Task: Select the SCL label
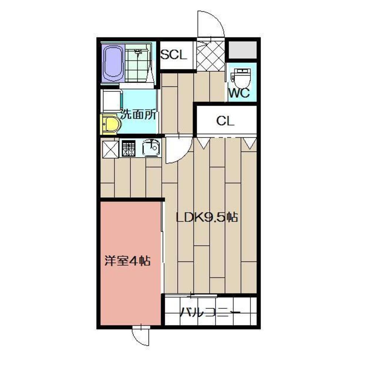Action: [174, 55]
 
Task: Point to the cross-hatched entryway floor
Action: [211, 55]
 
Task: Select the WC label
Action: [239, 93]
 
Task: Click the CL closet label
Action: [225, 121]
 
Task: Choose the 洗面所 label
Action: [139, 115]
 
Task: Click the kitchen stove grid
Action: [129, 148]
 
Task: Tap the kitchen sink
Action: [152, 148]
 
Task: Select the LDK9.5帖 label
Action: [206, 217]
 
